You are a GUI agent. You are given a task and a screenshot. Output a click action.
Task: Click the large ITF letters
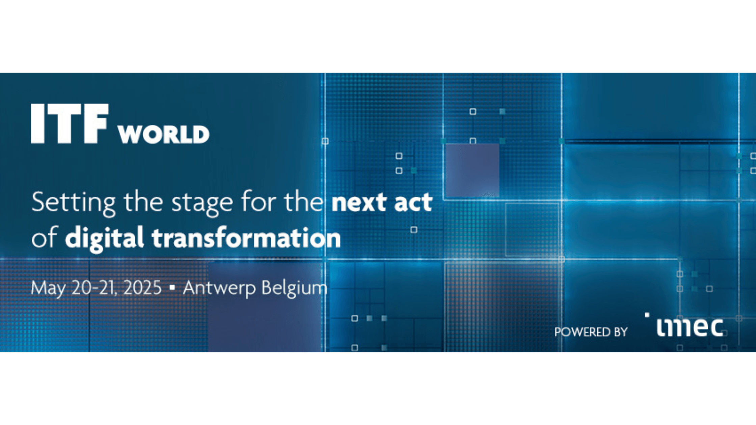pyautogui.click(x=70, y=123)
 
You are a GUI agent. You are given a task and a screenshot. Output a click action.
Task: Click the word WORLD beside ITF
pyautogui.click(x=164, y=135)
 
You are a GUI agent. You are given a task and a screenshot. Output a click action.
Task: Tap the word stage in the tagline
pyautogui.click(x=202, y=203)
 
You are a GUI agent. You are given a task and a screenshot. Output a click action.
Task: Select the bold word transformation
pyautogui.click(x=246, y=237)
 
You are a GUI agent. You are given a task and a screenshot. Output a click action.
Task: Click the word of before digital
pyautogui.click(x=44, y=237)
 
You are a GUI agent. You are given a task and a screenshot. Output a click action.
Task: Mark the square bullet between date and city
pyautogui.click(x=172, y=288)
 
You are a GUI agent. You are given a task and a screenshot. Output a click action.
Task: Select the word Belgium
pyautogui.click(x=294, y=289)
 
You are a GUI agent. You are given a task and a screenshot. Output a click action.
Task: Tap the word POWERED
pyautogui.click(x=582, y=332)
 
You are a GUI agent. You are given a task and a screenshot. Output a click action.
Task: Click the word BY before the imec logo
pyautogui.click(x=621, y=332)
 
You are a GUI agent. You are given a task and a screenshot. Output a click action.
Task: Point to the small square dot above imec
pyautogui.click(x=647, y=315)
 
